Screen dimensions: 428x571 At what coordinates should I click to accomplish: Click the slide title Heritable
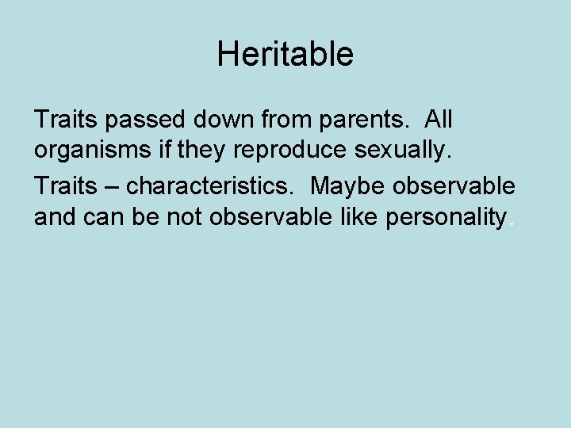pyautogui.click(x=285, y=55)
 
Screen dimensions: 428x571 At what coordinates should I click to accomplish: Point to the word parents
pyautogui.click(x=367, y=121)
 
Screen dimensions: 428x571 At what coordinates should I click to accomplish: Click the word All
pyautogui.click(x=438, y=120)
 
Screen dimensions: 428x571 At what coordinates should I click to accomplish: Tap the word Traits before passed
pyautogui.click(x=63, y=120)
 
